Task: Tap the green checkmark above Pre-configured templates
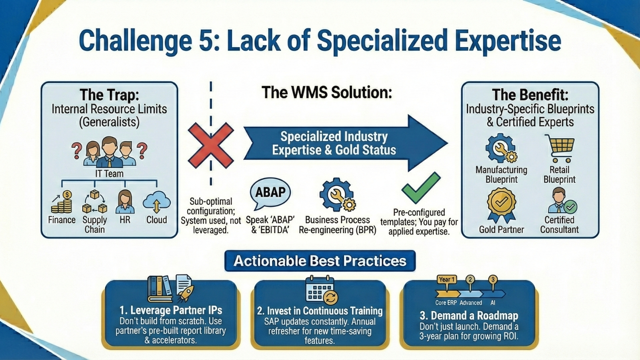(x=420, y=188)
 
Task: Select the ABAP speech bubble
(x=270, y=193)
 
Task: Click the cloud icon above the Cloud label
(x=156, y=202)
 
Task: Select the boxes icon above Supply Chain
(x=95, y=202)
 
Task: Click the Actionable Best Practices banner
(x=320, y=261)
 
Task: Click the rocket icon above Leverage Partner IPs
(x=185, y=292)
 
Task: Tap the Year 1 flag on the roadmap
(x=446, y=280)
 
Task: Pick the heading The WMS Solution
(x=327, y=92)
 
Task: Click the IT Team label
(x=109, y=174)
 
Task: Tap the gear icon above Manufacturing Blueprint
(x=501, y=148)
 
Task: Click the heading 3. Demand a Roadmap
(x=469, y=316)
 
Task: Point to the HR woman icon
(x=125, y=202)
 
